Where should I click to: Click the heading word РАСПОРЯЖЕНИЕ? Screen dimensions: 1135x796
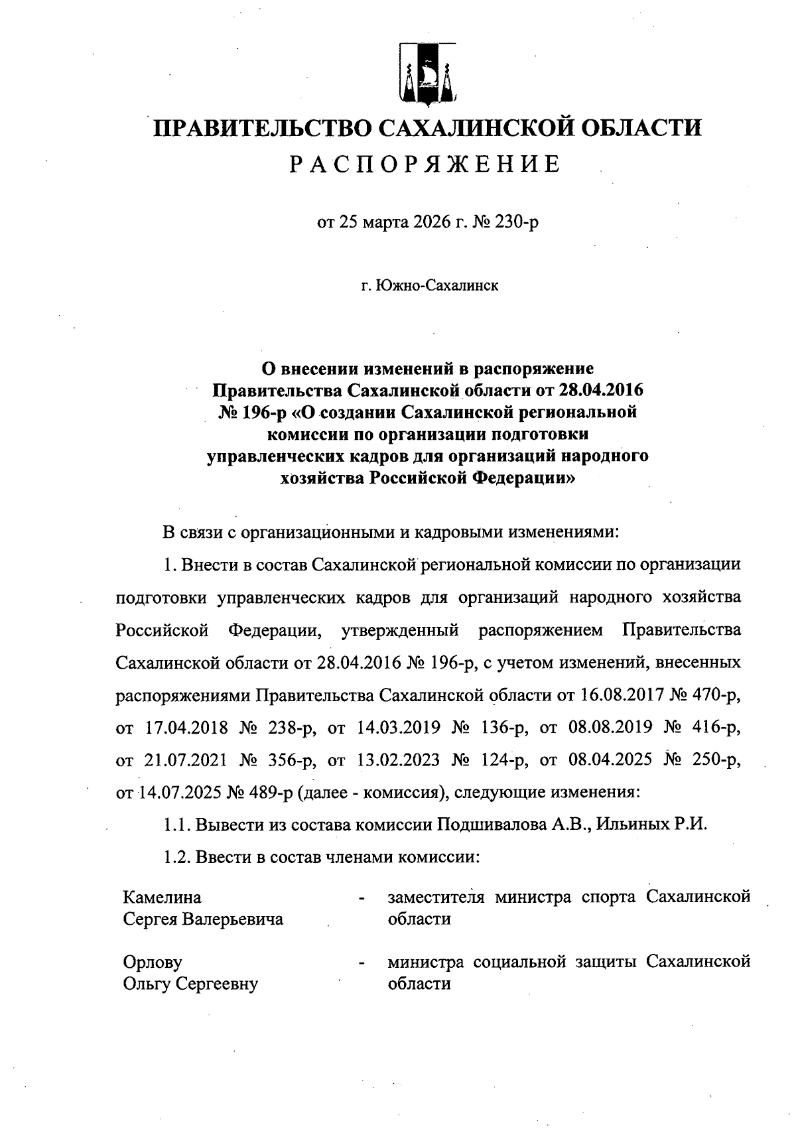[x=426, y=164]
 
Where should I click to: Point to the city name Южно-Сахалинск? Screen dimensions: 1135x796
[x=436, y=286]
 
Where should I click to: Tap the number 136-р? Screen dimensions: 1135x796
[x=500, y=727]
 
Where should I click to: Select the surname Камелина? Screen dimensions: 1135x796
[x=163, y=898]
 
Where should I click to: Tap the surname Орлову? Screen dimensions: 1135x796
[x=153, y=962]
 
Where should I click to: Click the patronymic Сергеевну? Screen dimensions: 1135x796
[x=216, y=984]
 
